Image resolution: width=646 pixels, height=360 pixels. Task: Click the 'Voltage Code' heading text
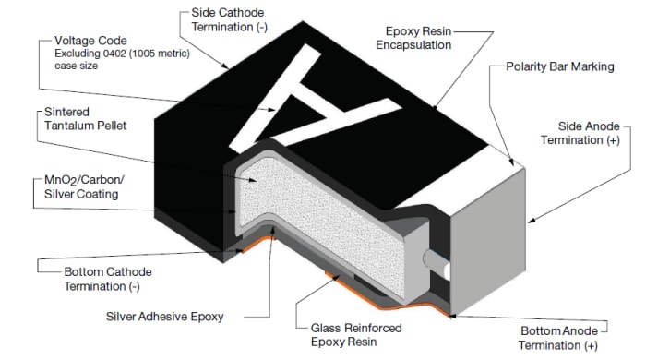click(x=91, y=42)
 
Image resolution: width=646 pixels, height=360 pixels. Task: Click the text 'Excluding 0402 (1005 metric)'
click(x=120, y=54)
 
